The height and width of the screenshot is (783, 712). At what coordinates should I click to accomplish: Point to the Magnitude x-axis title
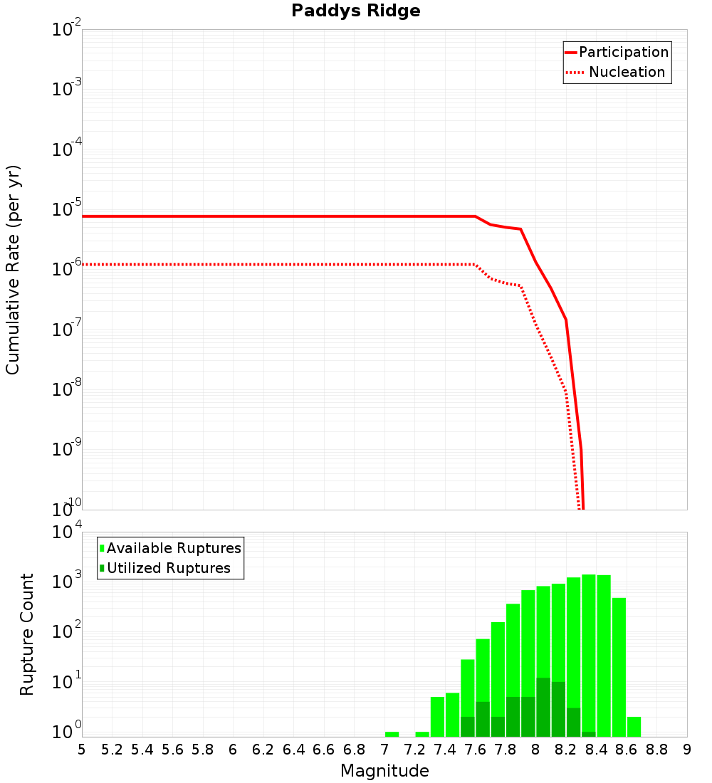[x=384, y=771]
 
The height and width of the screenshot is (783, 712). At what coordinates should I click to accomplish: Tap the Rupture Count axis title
[x=27, y=634]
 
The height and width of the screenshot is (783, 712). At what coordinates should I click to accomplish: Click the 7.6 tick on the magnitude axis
[x=476, y=750]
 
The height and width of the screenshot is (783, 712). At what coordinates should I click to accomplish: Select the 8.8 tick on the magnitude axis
[x=657, y=750]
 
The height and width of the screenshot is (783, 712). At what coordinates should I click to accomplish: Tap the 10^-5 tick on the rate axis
[x=67, y=210]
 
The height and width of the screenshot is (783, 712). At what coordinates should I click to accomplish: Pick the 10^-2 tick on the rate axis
[x=67, y=30]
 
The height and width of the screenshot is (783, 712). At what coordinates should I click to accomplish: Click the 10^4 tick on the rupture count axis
[x=68, y=533]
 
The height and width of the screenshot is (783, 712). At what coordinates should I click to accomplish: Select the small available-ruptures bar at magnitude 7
[x=392, y=734]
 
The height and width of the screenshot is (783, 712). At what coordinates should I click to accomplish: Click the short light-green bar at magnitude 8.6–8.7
[x=634, y=727]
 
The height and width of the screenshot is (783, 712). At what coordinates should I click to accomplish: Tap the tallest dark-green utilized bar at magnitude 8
[x=543, y=708]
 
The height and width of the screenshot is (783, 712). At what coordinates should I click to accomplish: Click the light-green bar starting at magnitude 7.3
[x=437, y=717]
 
